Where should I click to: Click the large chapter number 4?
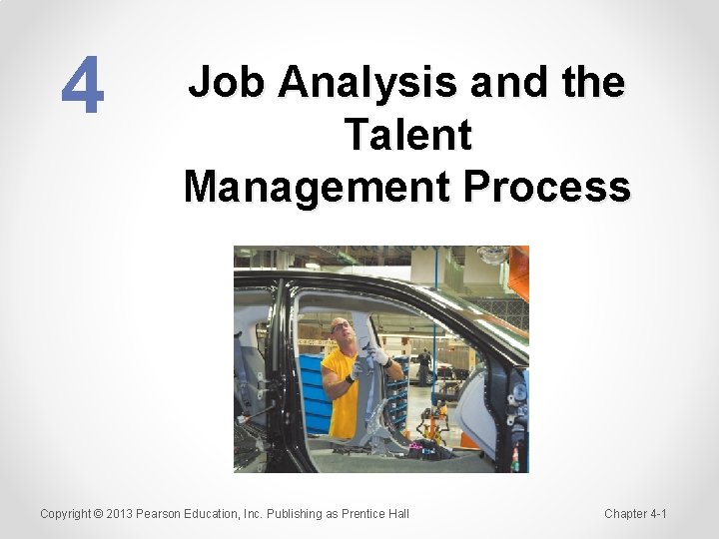82,85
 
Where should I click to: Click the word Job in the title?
225,82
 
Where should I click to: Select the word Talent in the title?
406,135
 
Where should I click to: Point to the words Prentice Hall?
374,514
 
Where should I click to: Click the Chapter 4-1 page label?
635,514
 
